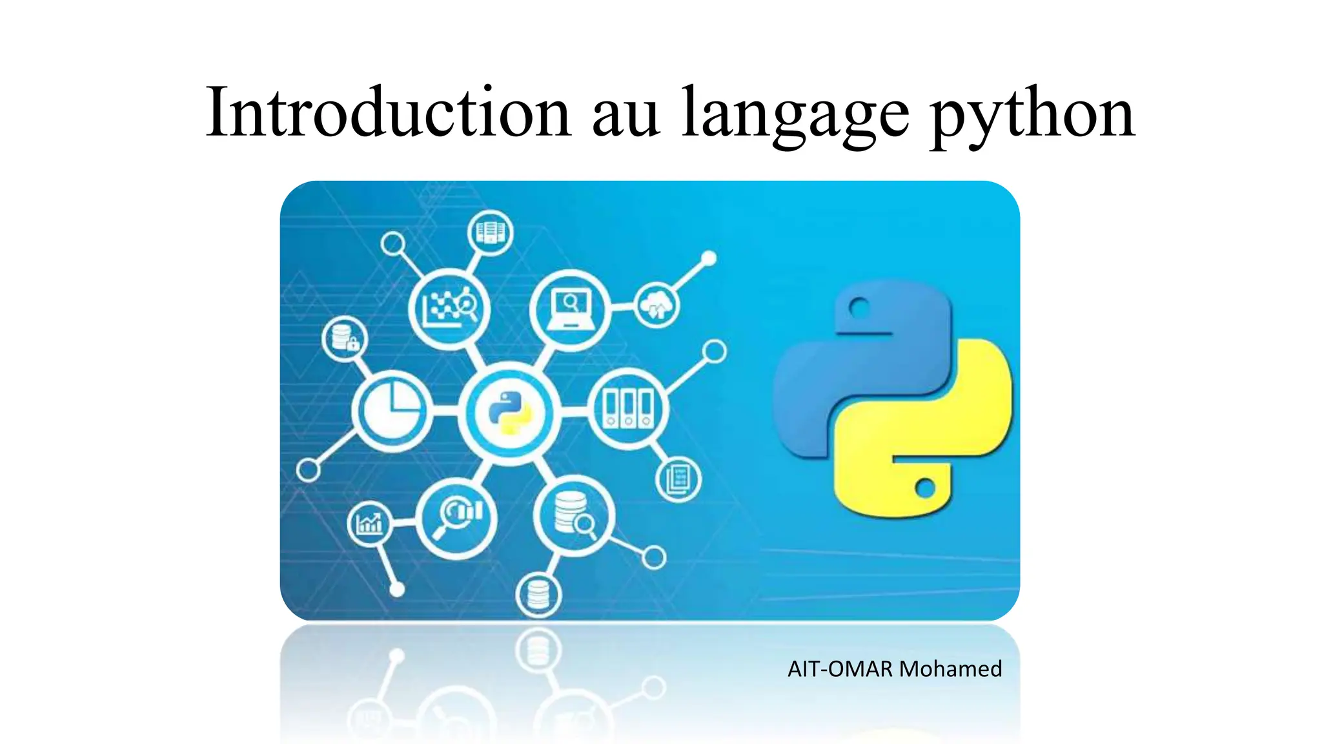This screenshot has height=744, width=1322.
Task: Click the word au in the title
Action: tap(625, 116)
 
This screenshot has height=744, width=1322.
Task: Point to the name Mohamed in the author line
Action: tap(950, 668)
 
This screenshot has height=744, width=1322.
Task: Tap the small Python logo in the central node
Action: tap(509, 413)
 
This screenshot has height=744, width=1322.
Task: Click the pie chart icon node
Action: tap(392, 409)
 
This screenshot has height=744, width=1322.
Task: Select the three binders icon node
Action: tap(627, 409)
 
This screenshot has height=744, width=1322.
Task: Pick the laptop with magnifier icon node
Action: tap(569, 309)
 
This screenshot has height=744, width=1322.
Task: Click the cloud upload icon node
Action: tap(656, 305)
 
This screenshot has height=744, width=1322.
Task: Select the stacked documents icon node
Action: tap(678, 479)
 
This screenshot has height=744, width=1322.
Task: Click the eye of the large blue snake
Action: tap(859, 307)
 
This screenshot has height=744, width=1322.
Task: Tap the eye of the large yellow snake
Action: tap(925, 488)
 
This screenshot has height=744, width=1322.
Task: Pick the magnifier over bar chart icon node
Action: tap(456, 517)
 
